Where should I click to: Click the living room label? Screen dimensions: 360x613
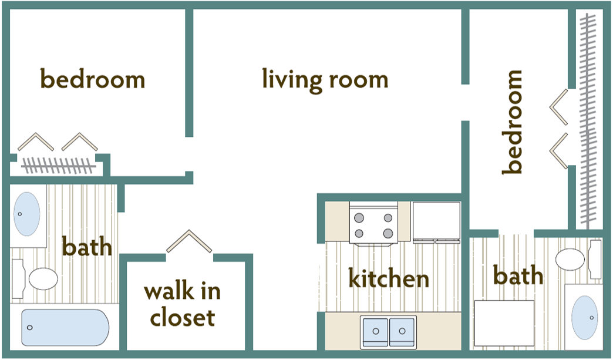coord(325,80)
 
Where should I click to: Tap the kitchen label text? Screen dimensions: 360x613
coord(389,278)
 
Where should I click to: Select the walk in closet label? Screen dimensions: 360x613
coord(182,304)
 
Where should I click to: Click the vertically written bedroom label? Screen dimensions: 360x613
coord(512,122)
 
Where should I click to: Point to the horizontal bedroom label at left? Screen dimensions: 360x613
coord(92,79)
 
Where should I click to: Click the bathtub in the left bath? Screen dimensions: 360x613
coord(65,327)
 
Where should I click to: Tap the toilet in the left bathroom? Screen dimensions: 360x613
coord(39,278)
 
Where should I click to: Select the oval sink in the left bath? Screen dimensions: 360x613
coord(27,214)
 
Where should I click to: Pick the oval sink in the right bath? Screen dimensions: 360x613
coord(584,318)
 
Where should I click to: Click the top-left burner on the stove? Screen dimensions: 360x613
coord(359,217)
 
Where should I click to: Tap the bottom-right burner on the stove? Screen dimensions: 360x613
coord(388,233)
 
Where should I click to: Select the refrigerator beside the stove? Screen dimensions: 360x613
coord(436,222)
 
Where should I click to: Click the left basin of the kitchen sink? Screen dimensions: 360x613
coord(374,332)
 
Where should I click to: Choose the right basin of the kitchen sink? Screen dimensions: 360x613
coord(402,332)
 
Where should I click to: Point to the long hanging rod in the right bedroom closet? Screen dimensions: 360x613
coord(587,117)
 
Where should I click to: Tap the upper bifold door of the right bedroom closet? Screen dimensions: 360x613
coord(560,106)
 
